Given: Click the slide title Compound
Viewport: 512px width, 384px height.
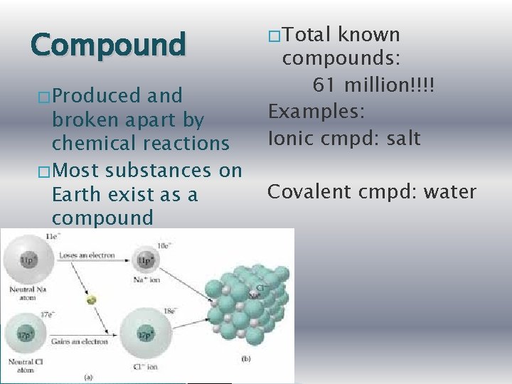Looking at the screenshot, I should [x=107, y=44].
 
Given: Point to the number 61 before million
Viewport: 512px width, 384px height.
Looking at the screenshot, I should [x=325, y=85].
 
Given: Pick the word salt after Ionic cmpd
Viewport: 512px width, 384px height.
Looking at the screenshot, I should [x=400, y=138].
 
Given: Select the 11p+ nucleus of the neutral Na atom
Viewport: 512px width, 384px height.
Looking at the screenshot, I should [x=26, y=261].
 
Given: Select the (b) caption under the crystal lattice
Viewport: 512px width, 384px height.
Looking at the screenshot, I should [x=245, y=358].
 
